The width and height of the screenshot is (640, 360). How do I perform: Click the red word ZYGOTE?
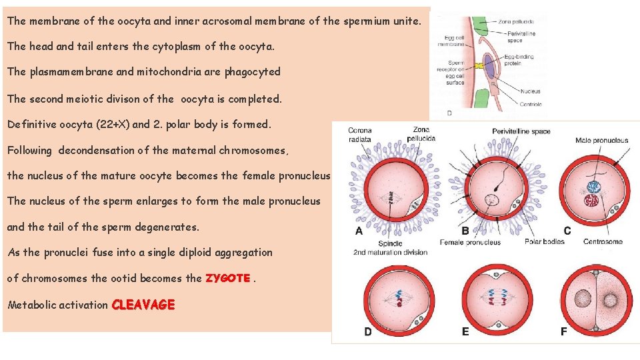pyautogui.click(x=228, y=278)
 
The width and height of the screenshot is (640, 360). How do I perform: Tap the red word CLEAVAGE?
pyautogui.click(x=143, y=305)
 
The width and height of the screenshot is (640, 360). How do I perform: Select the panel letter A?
pyautogui.click(x=359, y=231)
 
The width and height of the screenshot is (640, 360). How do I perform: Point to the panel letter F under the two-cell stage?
pyautogui.click(x=563, y=331)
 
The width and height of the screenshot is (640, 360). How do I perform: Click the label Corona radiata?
pyautogui.click(x=360, y=135)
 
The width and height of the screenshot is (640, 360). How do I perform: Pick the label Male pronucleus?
pyautogui.click(x=601, y=140)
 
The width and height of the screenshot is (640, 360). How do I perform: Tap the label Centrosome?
pyautogui.click(x=603, y=241)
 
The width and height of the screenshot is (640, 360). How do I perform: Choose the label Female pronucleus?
pyautogui.click(x=470, y=242)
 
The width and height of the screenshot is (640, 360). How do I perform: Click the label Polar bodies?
pyautogui.click(x=544, y=241)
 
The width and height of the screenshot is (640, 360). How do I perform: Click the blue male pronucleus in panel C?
pyautogui.click(x=591, y=188)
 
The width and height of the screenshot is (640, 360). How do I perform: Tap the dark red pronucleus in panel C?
pyautogui.click(x=590, y=201)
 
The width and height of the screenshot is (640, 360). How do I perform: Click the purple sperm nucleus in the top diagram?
pyautogui.click(x=489, y=67)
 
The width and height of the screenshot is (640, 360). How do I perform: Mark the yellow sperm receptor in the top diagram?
pyautogui.click(x=479, y=67)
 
